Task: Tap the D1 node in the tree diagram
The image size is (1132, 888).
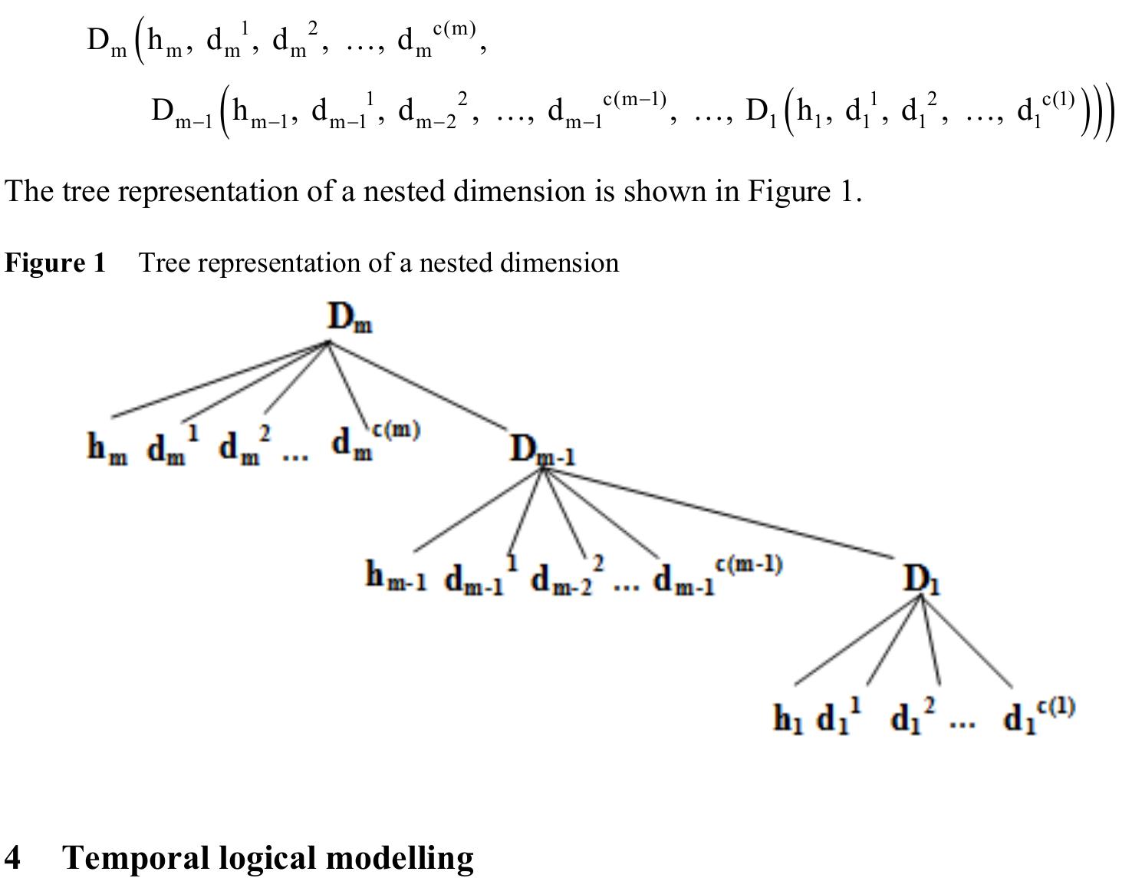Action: point(922,579)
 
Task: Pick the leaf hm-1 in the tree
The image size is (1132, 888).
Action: point(395,577)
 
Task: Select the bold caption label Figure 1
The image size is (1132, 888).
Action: point(55,263)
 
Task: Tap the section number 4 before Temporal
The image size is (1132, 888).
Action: point(13,857)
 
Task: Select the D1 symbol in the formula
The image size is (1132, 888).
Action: point(762,113)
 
